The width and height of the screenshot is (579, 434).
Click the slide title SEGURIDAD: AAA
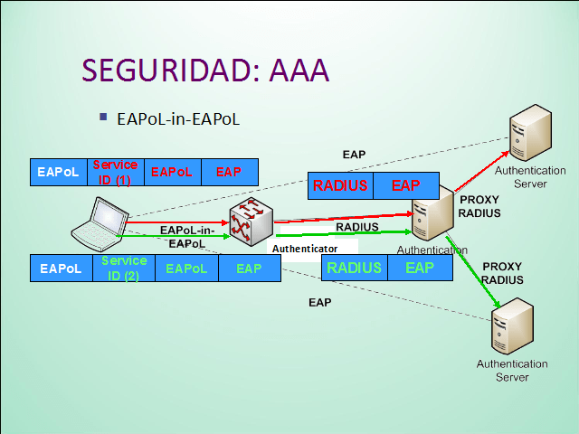[204, 71]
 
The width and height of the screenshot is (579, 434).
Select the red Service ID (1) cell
[114, 172]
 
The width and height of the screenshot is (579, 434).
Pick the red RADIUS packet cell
[340, 185]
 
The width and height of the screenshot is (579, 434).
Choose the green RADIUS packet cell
[354, 268]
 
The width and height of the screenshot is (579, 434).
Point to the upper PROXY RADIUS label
[479, 206]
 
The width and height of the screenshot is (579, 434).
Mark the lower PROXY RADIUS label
[502, 273]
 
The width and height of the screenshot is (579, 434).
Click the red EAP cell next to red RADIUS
[405, 185]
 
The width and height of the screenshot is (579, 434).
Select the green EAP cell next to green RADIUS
[419, 268]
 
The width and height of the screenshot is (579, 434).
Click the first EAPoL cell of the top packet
[57, 172]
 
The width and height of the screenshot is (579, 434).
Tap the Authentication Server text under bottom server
[511, 370]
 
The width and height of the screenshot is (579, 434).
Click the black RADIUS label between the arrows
[356, 227]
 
